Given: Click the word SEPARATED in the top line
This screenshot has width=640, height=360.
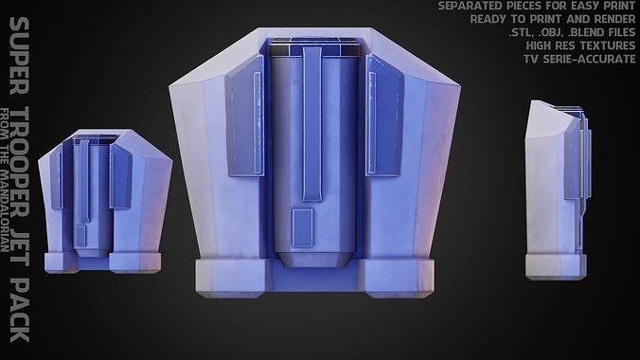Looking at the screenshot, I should point(469,7).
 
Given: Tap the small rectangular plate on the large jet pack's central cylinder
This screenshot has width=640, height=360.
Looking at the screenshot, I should point(303,227).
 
